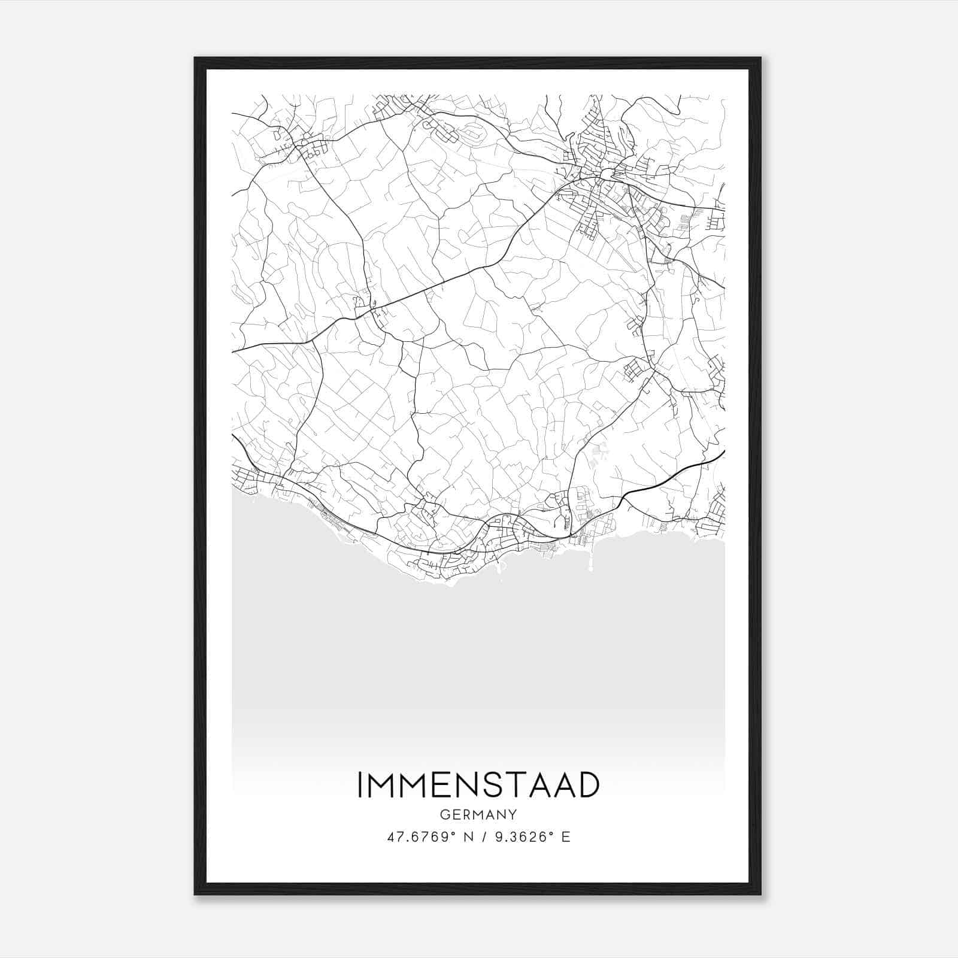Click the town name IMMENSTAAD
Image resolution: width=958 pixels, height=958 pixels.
[478, 785]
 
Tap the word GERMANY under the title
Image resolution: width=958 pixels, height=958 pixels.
[478, 815]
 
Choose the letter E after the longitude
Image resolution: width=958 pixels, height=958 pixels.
[565, 837]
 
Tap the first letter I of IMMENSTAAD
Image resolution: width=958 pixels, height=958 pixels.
[360, 785]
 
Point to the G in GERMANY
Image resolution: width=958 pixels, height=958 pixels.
[444, 815]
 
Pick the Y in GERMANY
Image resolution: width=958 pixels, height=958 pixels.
[513, 815]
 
